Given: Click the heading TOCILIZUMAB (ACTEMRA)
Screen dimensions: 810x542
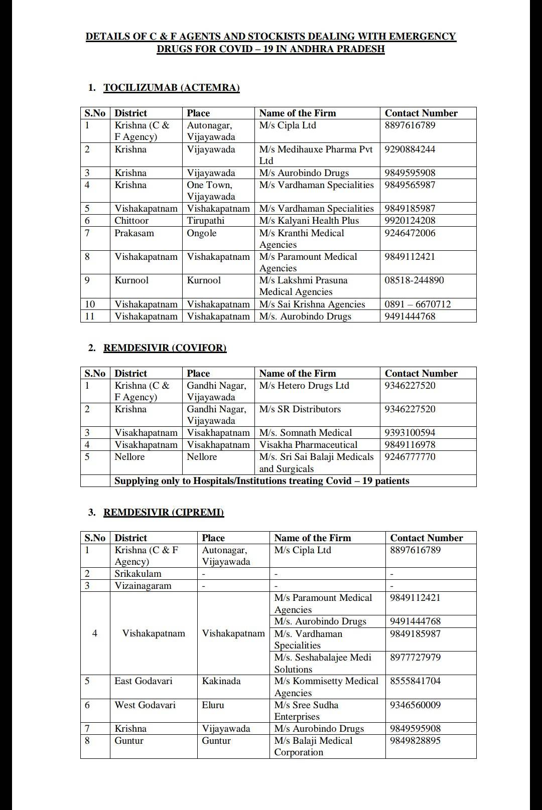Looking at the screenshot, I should [171, 88].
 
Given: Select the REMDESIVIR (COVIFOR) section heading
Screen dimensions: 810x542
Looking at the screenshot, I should [165, 348].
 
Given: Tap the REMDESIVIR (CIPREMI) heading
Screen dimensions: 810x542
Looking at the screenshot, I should [163, 512].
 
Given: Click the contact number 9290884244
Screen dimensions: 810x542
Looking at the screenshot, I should [410, 149].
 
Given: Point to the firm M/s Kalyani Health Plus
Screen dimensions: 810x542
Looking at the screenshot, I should [309, 221].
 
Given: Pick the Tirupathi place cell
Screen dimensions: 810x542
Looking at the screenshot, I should [205, 221].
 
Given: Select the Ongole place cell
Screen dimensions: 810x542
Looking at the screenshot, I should [201, 233].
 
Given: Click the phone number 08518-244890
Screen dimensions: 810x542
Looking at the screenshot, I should [414, 280].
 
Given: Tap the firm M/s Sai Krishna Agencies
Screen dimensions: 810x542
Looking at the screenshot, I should [312, 304].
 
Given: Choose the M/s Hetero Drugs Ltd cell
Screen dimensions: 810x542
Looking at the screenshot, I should [304, 386].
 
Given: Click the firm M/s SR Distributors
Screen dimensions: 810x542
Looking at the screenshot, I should [300, 409].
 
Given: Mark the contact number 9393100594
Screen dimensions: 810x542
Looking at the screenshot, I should [410, 433].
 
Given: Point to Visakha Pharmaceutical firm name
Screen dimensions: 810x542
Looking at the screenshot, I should [308, 445].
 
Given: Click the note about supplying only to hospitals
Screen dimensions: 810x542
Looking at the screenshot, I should [261, 481].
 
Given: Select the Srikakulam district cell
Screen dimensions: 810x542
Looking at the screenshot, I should [138, 574].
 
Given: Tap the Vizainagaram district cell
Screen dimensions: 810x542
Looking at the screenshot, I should [143, 586].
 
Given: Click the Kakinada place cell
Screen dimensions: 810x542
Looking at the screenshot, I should [221, 681].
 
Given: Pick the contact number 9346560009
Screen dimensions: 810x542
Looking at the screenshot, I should [415, 705].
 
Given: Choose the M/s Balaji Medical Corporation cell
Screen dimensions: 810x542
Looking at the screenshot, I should [313, 746].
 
